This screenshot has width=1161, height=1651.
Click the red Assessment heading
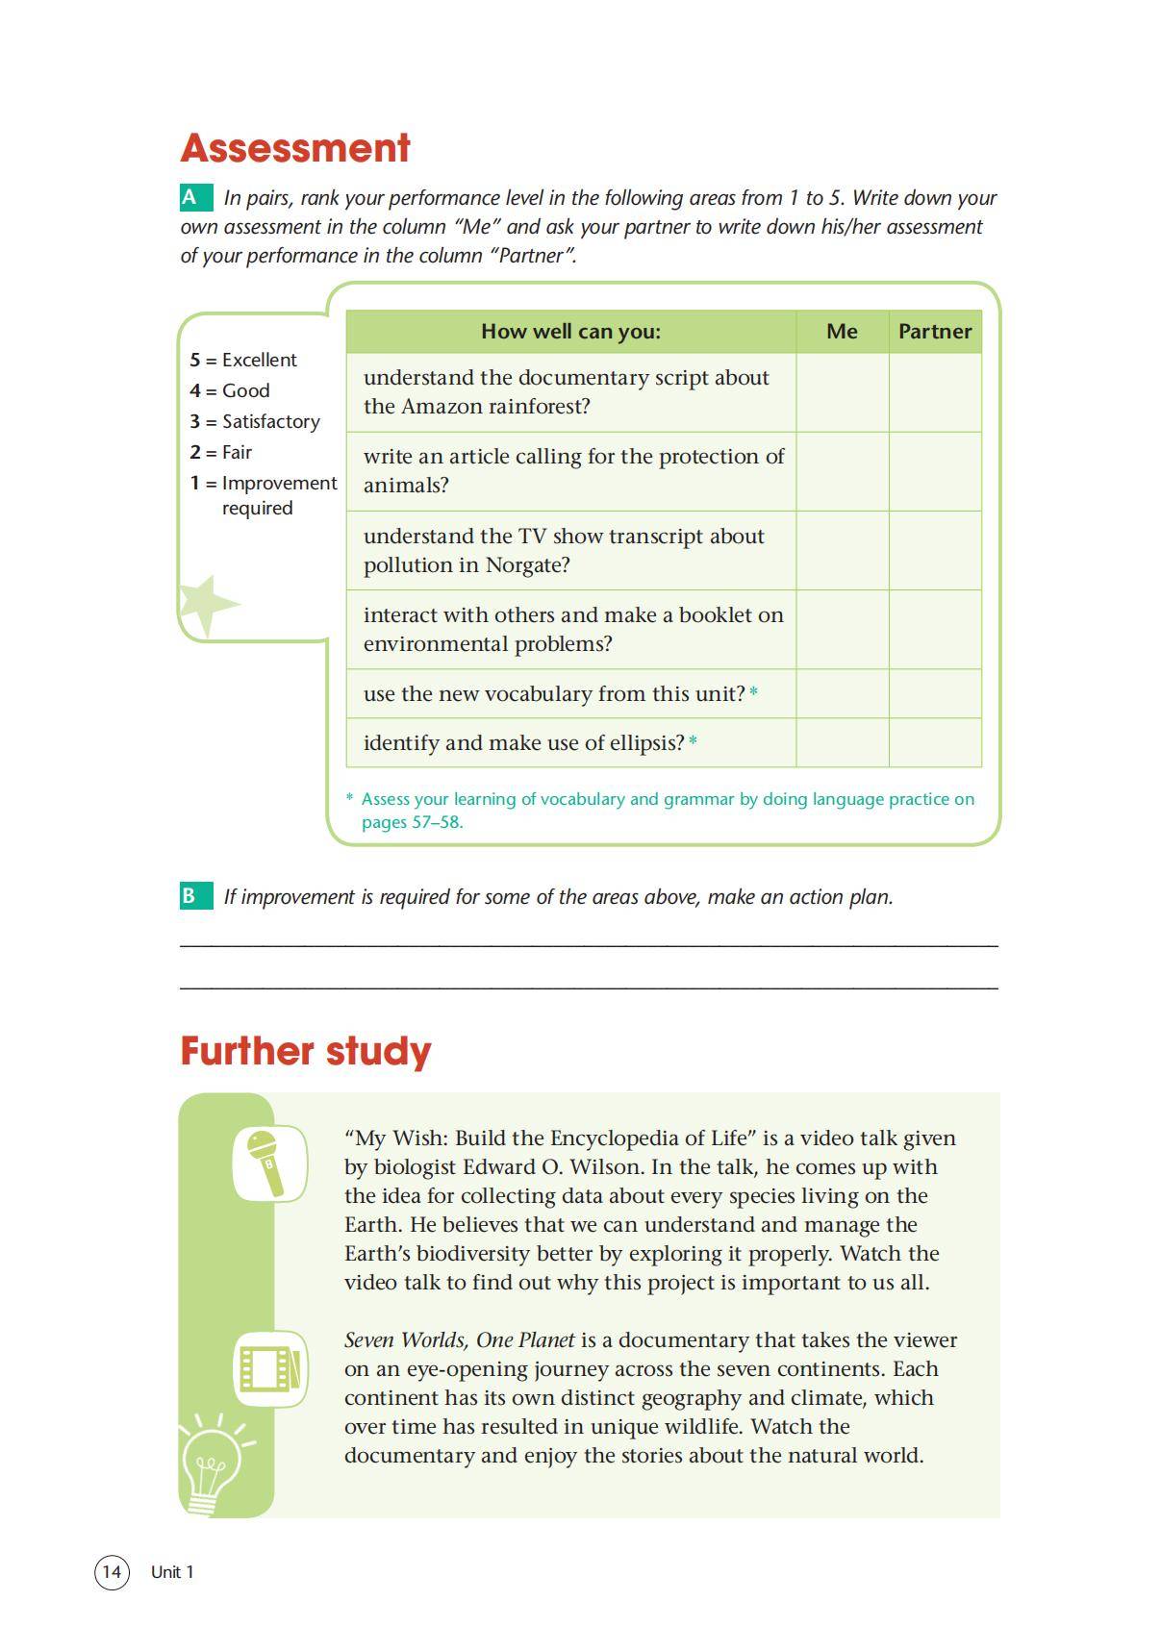(295, 148)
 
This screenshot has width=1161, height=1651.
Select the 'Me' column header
(842, 332)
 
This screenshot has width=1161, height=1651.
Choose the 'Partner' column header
(935, 332)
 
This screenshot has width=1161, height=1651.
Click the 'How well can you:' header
(570, 332)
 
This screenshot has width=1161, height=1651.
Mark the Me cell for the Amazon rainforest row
(842, 392)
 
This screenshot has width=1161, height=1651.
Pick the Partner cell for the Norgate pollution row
(935, 550)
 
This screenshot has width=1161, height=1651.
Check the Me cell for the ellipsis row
(842, 742)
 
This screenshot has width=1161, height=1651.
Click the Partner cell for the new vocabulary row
(935, 693)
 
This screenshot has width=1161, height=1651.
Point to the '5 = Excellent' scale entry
(243, 360)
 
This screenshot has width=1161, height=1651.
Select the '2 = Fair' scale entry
(221, 452)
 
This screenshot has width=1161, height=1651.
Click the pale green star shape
(205, 605)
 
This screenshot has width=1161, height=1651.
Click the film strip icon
(270, 1368)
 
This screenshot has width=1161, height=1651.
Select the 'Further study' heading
(306, 1051)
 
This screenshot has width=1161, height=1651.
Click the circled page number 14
(112, 1571)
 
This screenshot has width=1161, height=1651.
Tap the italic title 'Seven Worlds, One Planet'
(459, 1339)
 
